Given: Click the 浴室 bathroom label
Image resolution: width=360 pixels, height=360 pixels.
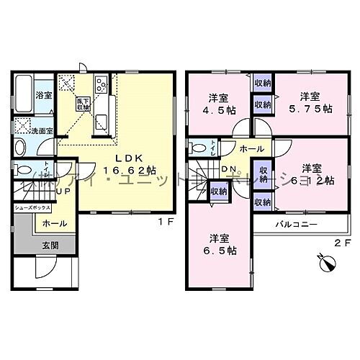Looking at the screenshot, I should [x=44, y=95].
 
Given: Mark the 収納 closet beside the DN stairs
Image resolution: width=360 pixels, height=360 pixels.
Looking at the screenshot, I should [x=217, y=191].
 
